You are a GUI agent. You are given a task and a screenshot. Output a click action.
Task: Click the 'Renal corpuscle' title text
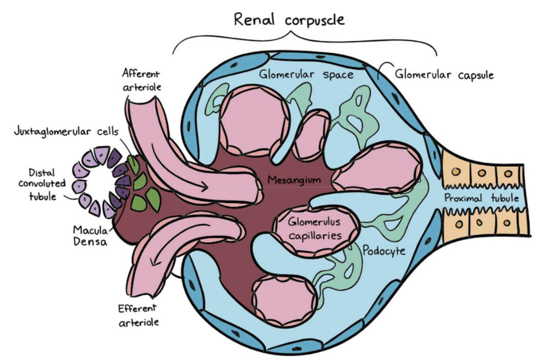pos(290,20)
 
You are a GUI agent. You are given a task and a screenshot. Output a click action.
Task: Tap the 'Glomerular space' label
pos(306,75)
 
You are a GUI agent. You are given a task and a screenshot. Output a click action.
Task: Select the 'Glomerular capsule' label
pos(444,75)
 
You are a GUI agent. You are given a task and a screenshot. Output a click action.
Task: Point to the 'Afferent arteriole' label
pos(142,80)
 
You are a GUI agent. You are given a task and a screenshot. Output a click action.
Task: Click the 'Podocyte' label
pos(383,251)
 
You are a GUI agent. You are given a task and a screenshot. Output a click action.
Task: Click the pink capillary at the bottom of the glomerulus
pos(278,299)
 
